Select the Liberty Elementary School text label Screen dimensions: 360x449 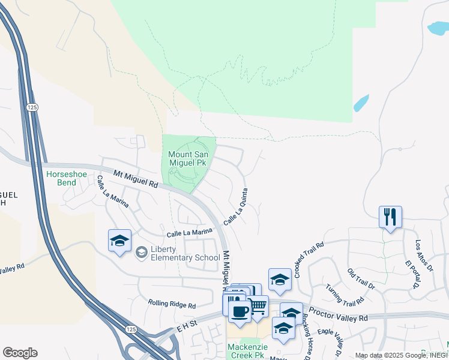pos(185,253)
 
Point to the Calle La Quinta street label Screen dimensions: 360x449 pos(236,208)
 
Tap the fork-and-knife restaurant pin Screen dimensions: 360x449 pos(390,217)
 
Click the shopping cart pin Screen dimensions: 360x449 pos(258,307)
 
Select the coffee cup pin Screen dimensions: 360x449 pos(240,311)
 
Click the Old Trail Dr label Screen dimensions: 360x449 pos(360,279)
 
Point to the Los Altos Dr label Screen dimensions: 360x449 pos(424,255)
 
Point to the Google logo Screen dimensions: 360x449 pos(20,353)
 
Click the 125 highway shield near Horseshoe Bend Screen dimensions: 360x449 pos(32,107)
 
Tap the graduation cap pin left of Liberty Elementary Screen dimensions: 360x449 pos(119,241)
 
